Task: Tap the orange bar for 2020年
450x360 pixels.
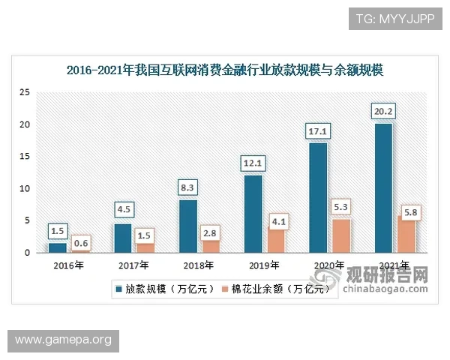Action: pos(340,235)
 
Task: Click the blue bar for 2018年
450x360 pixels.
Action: pos(187,226)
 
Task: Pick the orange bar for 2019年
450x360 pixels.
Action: pos(275,240)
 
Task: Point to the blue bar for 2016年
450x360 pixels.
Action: pos(58,247)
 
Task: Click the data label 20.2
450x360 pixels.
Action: pos(382,111)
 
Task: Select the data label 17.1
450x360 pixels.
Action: pos(318,131)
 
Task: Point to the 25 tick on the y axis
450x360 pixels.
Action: pos(24,92)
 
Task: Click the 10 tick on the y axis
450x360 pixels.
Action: pos(24,188)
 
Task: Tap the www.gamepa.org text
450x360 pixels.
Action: pos(63,340)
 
